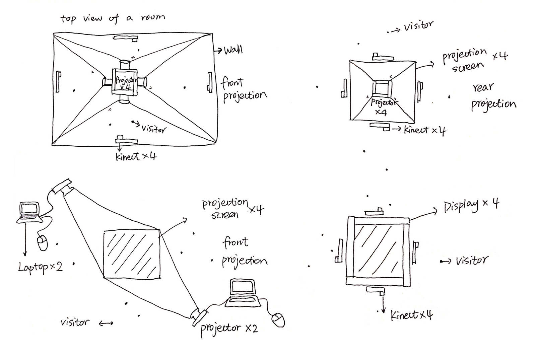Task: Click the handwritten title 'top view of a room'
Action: pos(113,18)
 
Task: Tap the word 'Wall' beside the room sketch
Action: pos(233,50)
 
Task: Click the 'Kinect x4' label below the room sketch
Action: pos(136,156)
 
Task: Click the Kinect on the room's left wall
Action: pos(59,81)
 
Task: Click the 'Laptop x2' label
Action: pos(40,267)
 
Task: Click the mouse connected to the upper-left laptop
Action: pos(43,243)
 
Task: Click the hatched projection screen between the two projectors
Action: pos(132,254)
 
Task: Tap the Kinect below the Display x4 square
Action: pos(376,290)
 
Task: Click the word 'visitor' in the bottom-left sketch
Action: pos(75,322)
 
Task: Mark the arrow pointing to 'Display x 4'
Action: pos(423,215)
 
